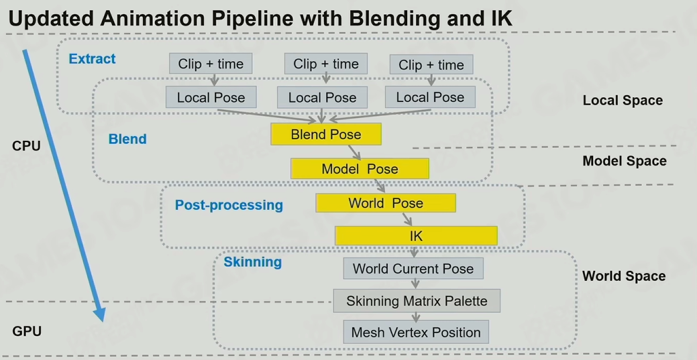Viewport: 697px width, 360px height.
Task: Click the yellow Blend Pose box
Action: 326,134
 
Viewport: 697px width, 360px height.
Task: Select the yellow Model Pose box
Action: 360,169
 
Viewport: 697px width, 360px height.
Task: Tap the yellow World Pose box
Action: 386,203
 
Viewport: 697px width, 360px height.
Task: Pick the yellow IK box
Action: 416,236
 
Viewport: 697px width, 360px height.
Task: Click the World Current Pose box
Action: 413,269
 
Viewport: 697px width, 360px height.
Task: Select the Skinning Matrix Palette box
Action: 417,301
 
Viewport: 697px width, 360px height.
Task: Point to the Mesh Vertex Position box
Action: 416,333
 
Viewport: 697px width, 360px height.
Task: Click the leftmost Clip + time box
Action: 211,64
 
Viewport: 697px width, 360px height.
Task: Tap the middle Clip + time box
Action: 326,64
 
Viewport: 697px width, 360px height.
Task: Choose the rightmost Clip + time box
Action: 431,65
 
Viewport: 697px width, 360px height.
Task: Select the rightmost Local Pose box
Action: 430,97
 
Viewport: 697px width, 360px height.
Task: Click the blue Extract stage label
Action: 93,59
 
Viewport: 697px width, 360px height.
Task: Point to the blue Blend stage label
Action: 127,139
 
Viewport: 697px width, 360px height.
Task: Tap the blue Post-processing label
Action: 229,205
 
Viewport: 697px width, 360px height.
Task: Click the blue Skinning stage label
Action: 252,261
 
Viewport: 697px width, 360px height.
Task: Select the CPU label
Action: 27,145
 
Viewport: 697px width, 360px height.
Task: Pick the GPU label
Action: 27,331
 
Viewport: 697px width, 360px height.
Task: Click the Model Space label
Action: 625,161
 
